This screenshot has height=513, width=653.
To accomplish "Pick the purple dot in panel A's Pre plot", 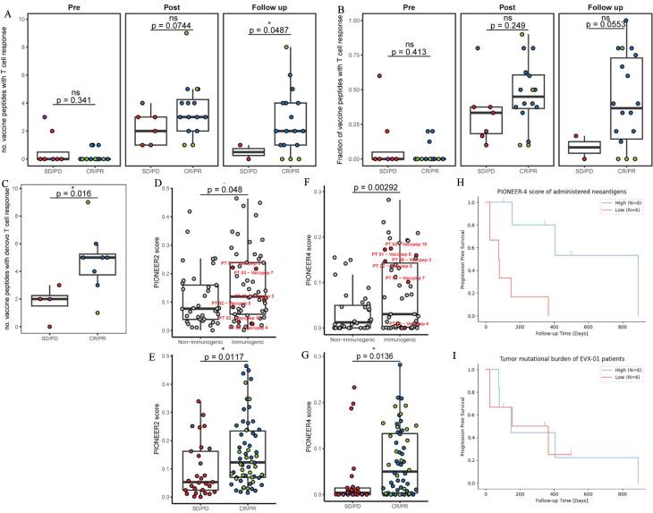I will [46, 117].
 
